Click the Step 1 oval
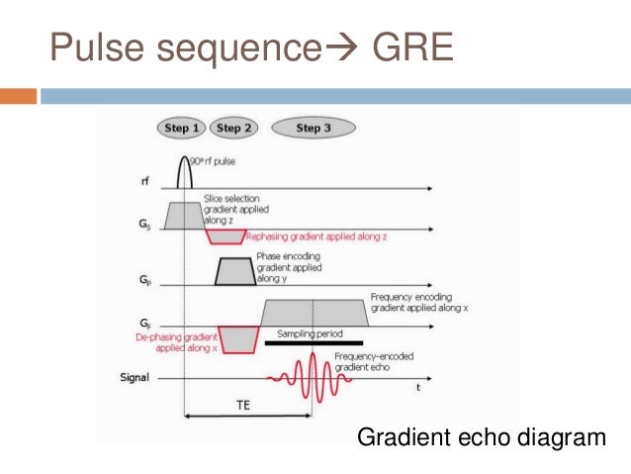[x=183, y=128]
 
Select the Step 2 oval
[x=233, y=128]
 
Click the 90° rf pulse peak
[x=184, y=158]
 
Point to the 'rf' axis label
[x=146, y=181]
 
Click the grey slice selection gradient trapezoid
[x=184, y=216]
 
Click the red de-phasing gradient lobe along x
[x=236, y=338]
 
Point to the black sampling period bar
[x=313, y=343]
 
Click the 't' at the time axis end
[x=418, y=387]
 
